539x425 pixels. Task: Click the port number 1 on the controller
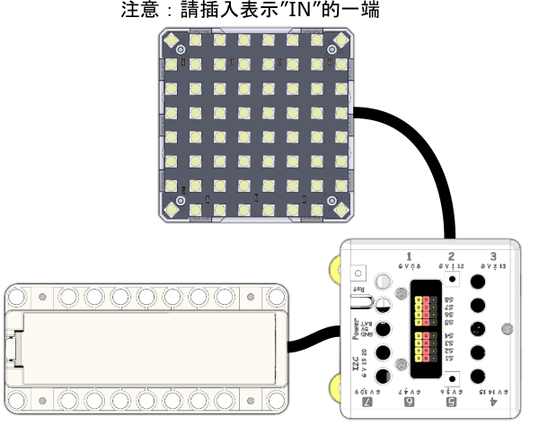(410, 256)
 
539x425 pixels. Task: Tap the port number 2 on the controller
(451, 256)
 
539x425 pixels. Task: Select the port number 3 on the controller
(492, 256)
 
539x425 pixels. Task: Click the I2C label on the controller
(357, 368)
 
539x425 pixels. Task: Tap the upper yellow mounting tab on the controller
(336, 268)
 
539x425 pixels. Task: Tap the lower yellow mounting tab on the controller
(336, 387)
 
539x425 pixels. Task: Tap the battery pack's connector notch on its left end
(13, 346)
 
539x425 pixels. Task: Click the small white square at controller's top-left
(360, 272)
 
